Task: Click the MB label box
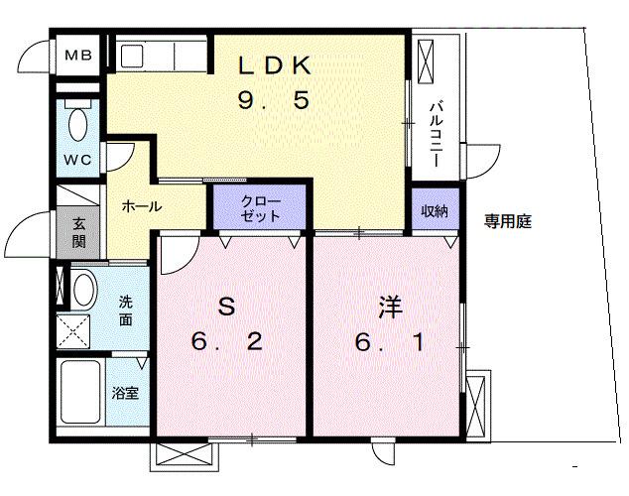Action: click(x=77, y=55)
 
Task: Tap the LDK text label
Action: click(x=276, y=65)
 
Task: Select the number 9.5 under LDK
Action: click(x=276, y=100)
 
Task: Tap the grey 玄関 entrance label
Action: click(x=77, y=233)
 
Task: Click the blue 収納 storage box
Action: click(x=435, y=209)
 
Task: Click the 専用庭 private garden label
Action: click(x=508, y=221)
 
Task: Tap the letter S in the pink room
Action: click(x=226, y=308)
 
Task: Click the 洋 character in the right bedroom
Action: click(x=389, y=308)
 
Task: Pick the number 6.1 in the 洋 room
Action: click(x=389, y=343)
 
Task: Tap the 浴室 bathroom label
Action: click(x=125, y=393)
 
